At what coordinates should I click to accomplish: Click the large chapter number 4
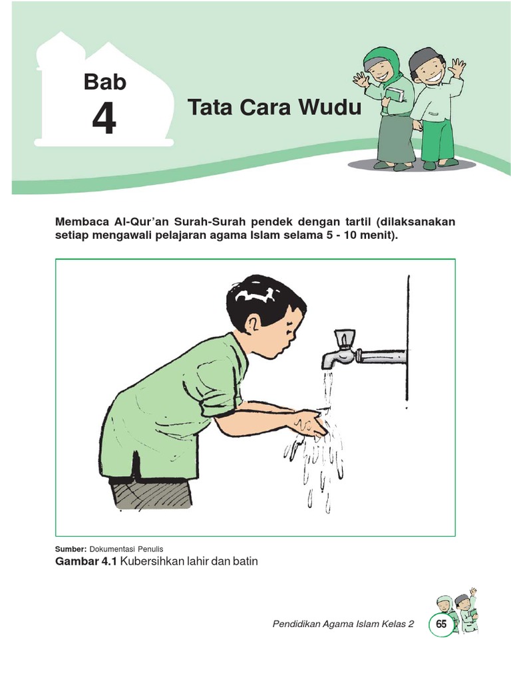[104, 120]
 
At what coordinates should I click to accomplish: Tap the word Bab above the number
[104, 82]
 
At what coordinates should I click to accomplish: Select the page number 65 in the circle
[441, 624]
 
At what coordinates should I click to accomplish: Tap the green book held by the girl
[395, 94]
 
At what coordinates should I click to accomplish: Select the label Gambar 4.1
[86, 561]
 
